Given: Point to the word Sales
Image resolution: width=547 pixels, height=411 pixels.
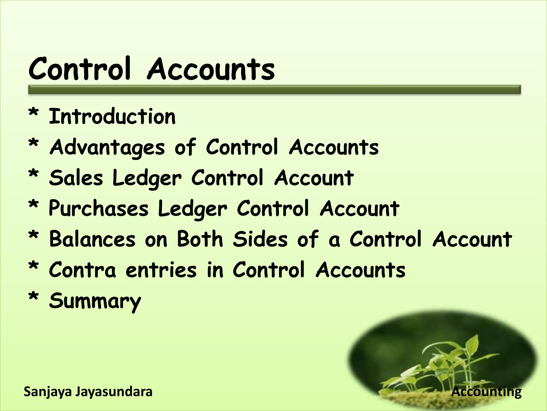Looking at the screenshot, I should tap(76, 178).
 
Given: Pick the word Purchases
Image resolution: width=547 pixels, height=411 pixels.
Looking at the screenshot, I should tap(98, 209).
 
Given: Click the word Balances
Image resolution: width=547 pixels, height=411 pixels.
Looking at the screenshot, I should tap(92, 239).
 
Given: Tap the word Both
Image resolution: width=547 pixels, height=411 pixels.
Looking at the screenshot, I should tap(200, 239).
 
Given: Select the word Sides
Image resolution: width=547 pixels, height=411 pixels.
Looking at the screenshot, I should tap(260, 239).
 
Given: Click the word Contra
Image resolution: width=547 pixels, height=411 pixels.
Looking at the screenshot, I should tap(82, 270).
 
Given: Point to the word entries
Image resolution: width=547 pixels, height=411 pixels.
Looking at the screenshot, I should tap(161, 270).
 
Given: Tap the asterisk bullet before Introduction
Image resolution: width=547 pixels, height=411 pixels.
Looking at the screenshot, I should tap(34, 113).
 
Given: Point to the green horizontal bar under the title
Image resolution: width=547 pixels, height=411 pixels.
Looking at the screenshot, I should tap(274, 90).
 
